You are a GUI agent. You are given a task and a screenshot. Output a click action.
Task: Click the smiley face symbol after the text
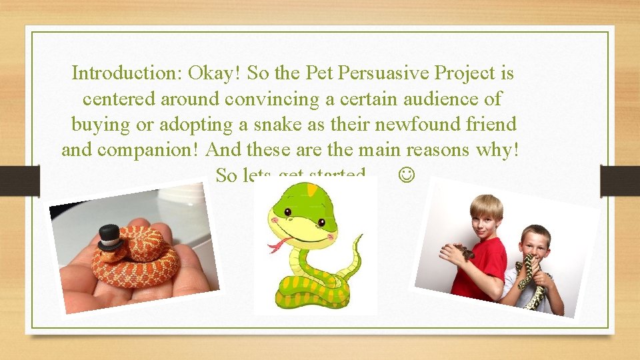tap(407, 175)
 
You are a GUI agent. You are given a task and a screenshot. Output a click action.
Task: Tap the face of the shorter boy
tap(535, 241)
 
